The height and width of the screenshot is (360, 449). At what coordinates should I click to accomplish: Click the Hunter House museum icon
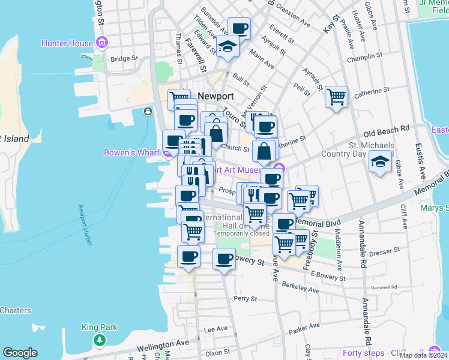102,43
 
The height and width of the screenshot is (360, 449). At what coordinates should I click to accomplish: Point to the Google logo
20,353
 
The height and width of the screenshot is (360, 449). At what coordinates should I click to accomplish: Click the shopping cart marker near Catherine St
336,96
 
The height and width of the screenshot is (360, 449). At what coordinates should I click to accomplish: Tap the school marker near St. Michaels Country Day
379,162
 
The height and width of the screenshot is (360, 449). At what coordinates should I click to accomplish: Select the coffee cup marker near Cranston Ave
239,28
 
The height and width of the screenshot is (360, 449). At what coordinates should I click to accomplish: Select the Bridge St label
124,59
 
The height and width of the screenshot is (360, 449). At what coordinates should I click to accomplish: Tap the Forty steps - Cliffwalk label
384,352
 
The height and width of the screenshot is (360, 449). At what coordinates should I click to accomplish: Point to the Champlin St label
365,56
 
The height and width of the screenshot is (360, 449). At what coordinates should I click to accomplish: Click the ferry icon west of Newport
148,111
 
